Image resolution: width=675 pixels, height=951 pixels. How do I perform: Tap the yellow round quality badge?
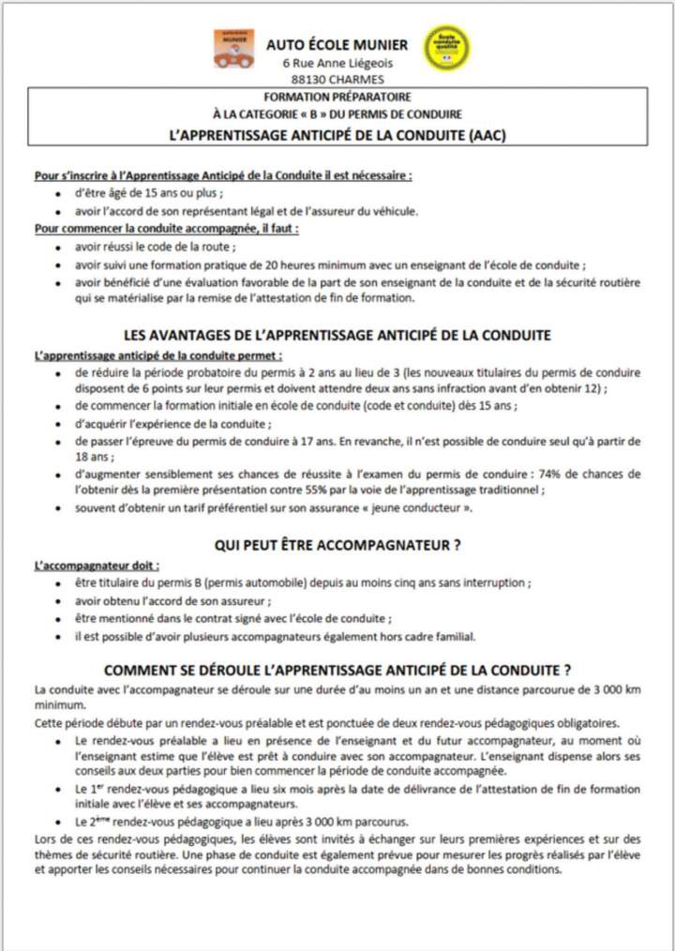tap(447, 48)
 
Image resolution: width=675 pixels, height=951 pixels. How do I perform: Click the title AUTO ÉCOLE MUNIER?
tap(337, 44)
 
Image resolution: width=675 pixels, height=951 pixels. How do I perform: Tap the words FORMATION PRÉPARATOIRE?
tap(337, 97)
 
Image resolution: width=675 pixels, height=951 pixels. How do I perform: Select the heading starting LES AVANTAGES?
tap(337, 335)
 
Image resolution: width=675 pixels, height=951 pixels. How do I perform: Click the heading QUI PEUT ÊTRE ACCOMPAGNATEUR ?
tap(337, 545)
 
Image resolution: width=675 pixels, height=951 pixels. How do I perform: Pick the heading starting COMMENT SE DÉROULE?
tap(337, 671)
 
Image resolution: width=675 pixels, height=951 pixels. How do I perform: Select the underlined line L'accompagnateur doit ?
tap(97, 566)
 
